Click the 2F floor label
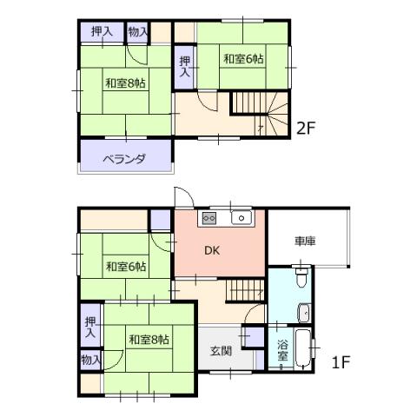point(306,129)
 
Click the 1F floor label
point(341,362)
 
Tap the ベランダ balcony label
point(124,159)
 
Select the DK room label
point(212,250)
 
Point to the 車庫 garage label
point(305,241)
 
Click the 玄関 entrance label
point(221,351)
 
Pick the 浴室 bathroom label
point(282,350)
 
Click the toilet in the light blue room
point(301,276)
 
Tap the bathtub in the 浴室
point(302,349)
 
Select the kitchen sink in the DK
point(242,217)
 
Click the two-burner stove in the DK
point(208,218)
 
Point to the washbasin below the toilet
point(304,313)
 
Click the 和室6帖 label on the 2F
point(243,59)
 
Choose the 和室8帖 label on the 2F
point(125,83)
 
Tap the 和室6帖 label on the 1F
point(126,267)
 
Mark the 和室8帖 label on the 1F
point(149,340)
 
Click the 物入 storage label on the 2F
point(138,31)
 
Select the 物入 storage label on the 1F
point(90,360)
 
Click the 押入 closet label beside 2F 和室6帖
point(185,67)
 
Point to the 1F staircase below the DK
point(246,290)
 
